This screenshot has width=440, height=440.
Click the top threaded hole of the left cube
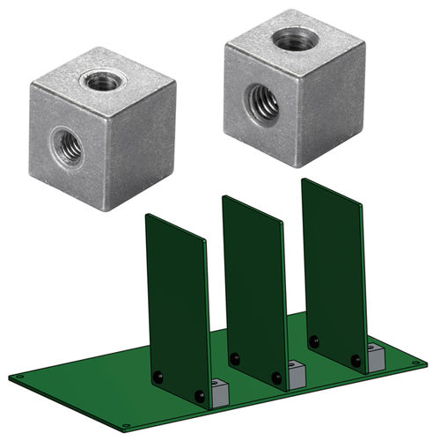[x=103, y=81]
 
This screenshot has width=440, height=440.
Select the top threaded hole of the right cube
[x=290, y=39]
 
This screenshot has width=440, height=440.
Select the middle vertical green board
[x=254, y=282]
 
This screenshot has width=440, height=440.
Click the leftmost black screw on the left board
[x=158, y=377]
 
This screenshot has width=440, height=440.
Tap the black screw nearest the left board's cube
[x=200, y=397]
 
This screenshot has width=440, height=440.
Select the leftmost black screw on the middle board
[x=234, y=358]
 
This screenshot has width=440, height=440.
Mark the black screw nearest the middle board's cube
[x=276, y=378]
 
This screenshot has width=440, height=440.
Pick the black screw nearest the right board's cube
[x=356, y=359]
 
